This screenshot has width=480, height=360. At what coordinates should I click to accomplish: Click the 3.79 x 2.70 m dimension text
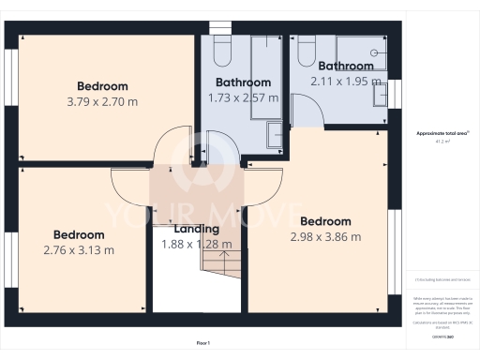click(102, 100)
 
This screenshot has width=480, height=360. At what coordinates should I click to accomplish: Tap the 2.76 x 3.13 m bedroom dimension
click(79, 250)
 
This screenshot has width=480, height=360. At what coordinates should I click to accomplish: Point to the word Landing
click(197, 229)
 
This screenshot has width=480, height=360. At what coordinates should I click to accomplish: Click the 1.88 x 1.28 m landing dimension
click(197, 244)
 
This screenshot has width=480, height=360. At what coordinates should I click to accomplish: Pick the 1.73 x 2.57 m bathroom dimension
click(243, 97)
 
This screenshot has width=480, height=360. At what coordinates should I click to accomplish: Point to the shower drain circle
click(373, 52)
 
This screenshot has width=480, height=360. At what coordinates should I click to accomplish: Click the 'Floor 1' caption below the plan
click(203, 342)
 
